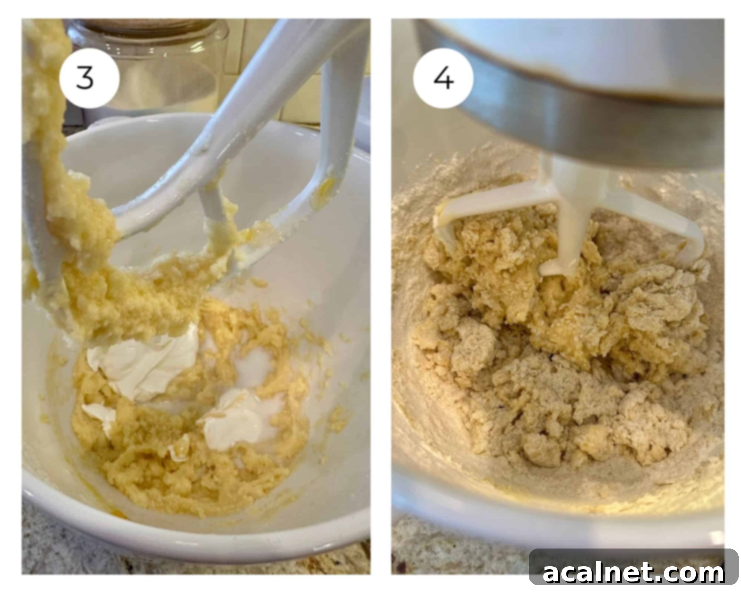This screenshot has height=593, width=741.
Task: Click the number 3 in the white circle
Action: [85, 78]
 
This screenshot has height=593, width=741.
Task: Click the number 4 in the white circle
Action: [443, 79]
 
